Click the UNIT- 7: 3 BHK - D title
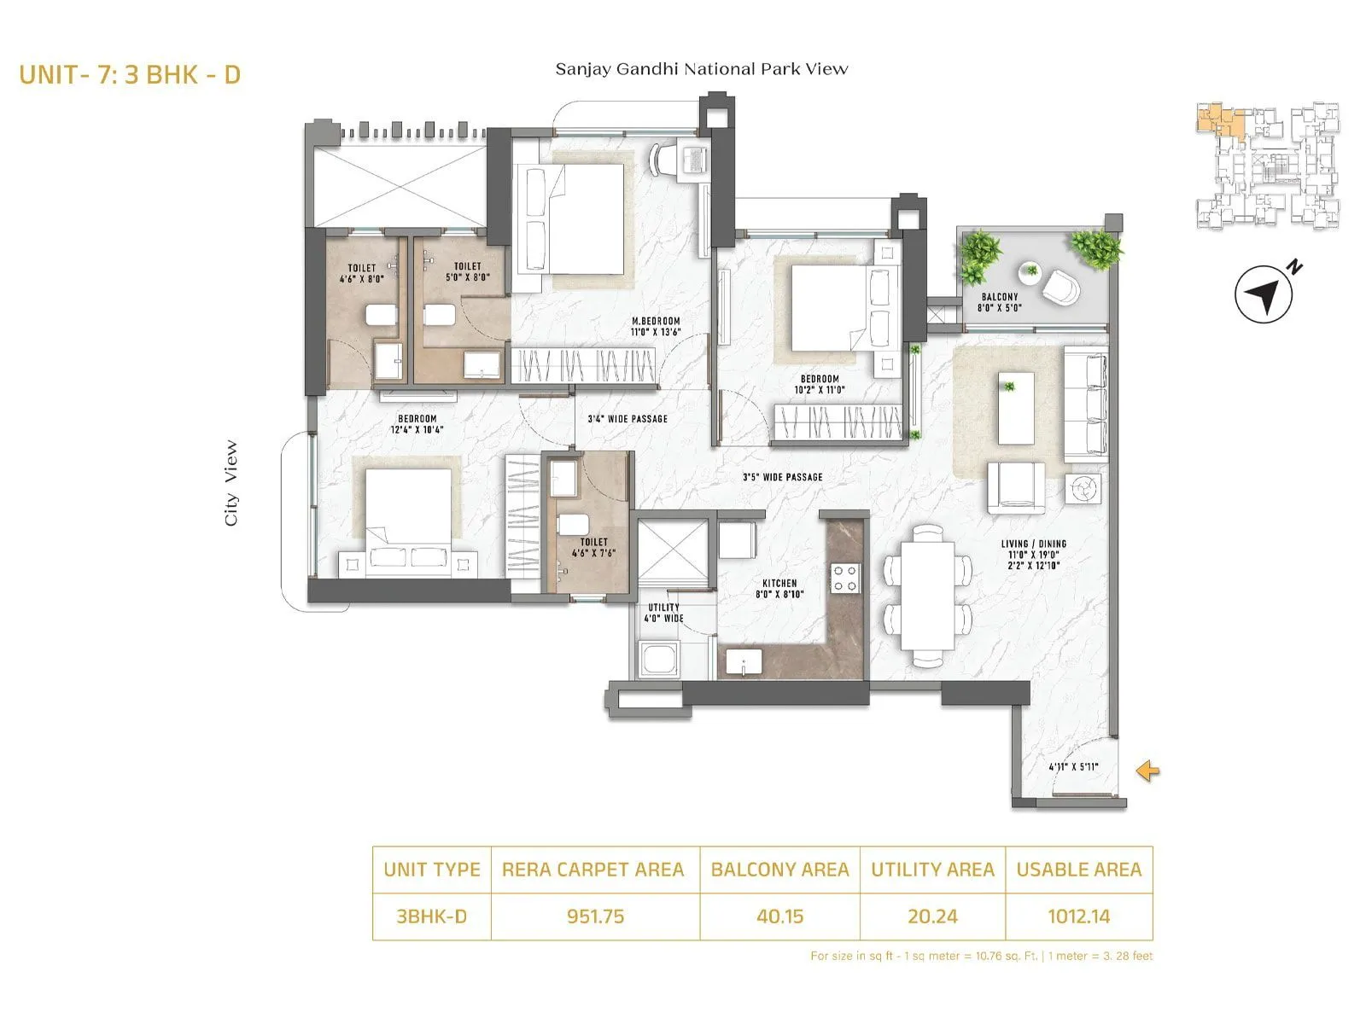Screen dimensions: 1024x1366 click(130, 75)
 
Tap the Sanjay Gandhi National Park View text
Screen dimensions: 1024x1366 click(701, 69)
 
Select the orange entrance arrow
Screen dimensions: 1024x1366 click(1147, 771)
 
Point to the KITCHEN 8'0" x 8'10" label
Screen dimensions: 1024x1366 click(779, 589)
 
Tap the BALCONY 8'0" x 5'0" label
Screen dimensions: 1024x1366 click(1000, 302)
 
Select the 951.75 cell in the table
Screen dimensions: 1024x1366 click(595, 916)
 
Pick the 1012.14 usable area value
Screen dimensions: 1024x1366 click(1078, 916)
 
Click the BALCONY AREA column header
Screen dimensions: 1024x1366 click(779, 870)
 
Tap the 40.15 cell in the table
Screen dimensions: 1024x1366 click(779, 916)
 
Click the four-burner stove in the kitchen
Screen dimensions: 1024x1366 click(845, 578)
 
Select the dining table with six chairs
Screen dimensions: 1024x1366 click(927, 596)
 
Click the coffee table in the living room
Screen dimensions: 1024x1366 click(1015, 408)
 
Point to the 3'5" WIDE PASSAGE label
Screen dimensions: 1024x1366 click(782, 477)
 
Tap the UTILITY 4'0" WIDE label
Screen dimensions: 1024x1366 click(663, 613)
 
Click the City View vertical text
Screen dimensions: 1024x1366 click(231, 483)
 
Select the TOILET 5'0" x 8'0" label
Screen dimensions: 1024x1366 click(467, 271)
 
